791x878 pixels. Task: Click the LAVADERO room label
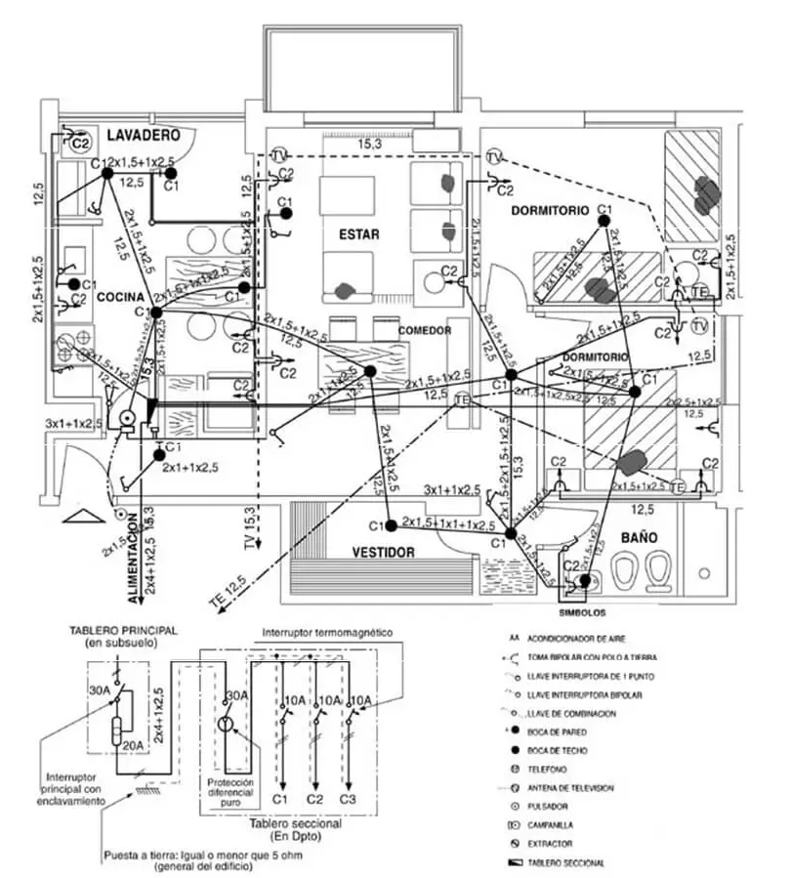(x=146, y=133)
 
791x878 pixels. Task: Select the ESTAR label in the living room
(x=359, y=234)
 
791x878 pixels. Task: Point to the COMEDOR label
(x=425, y=331)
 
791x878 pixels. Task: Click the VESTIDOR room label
(x=384, y=552)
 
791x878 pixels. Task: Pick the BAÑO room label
(x=637, y=537)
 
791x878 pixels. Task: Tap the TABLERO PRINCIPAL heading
(x=123, y=631)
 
